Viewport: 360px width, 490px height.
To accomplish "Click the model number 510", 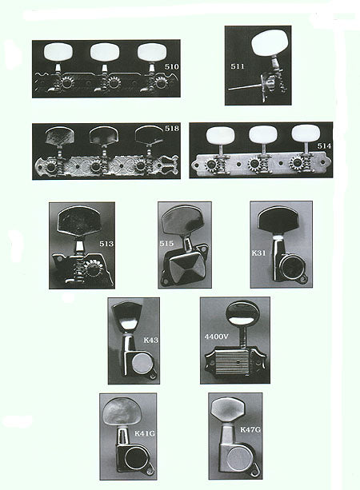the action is pos(172,66).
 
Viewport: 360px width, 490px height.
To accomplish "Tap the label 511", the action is pos(238,66).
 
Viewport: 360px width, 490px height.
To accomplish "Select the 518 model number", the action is pos(172,129).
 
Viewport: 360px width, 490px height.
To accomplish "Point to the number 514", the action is pos(324,146).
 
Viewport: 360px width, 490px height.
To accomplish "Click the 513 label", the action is pos(106,244).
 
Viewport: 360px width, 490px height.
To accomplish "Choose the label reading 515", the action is pos(166,244).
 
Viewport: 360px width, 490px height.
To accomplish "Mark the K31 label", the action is pos(258,253).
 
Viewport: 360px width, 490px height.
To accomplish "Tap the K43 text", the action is pos(151,340).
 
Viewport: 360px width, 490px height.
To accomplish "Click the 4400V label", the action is pos(217,337).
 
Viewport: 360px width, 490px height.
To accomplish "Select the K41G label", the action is pos(145,433).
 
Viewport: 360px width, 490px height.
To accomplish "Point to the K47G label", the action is pos(250,430).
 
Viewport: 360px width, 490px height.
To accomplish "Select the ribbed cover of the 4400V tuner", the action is pos(234,362).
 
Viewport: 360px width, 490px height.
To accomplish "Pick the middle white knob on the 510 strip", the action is pos(105,52).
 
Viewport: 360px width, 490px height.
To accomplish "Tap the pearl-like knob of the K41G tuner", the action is pos(122,411).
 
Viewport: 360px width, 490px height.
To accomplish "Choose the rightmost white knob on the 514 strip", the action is pos(306,134).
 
